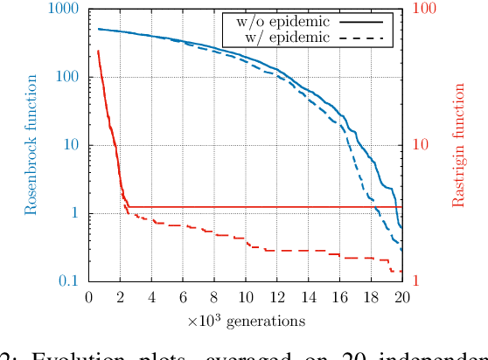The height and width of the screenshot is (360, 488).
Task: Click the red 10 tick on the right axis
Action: point(420,145)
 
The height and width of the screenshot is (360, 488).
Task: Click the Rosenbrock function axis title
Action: point(31,145)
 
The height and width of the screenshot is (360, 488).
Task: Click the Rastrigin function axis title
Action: point(457,145)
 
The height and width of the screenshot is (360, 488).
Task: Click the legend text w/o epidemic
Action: point(276,21)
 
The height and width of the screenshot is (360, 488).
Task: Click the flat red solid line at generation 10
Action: point(246,207)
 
